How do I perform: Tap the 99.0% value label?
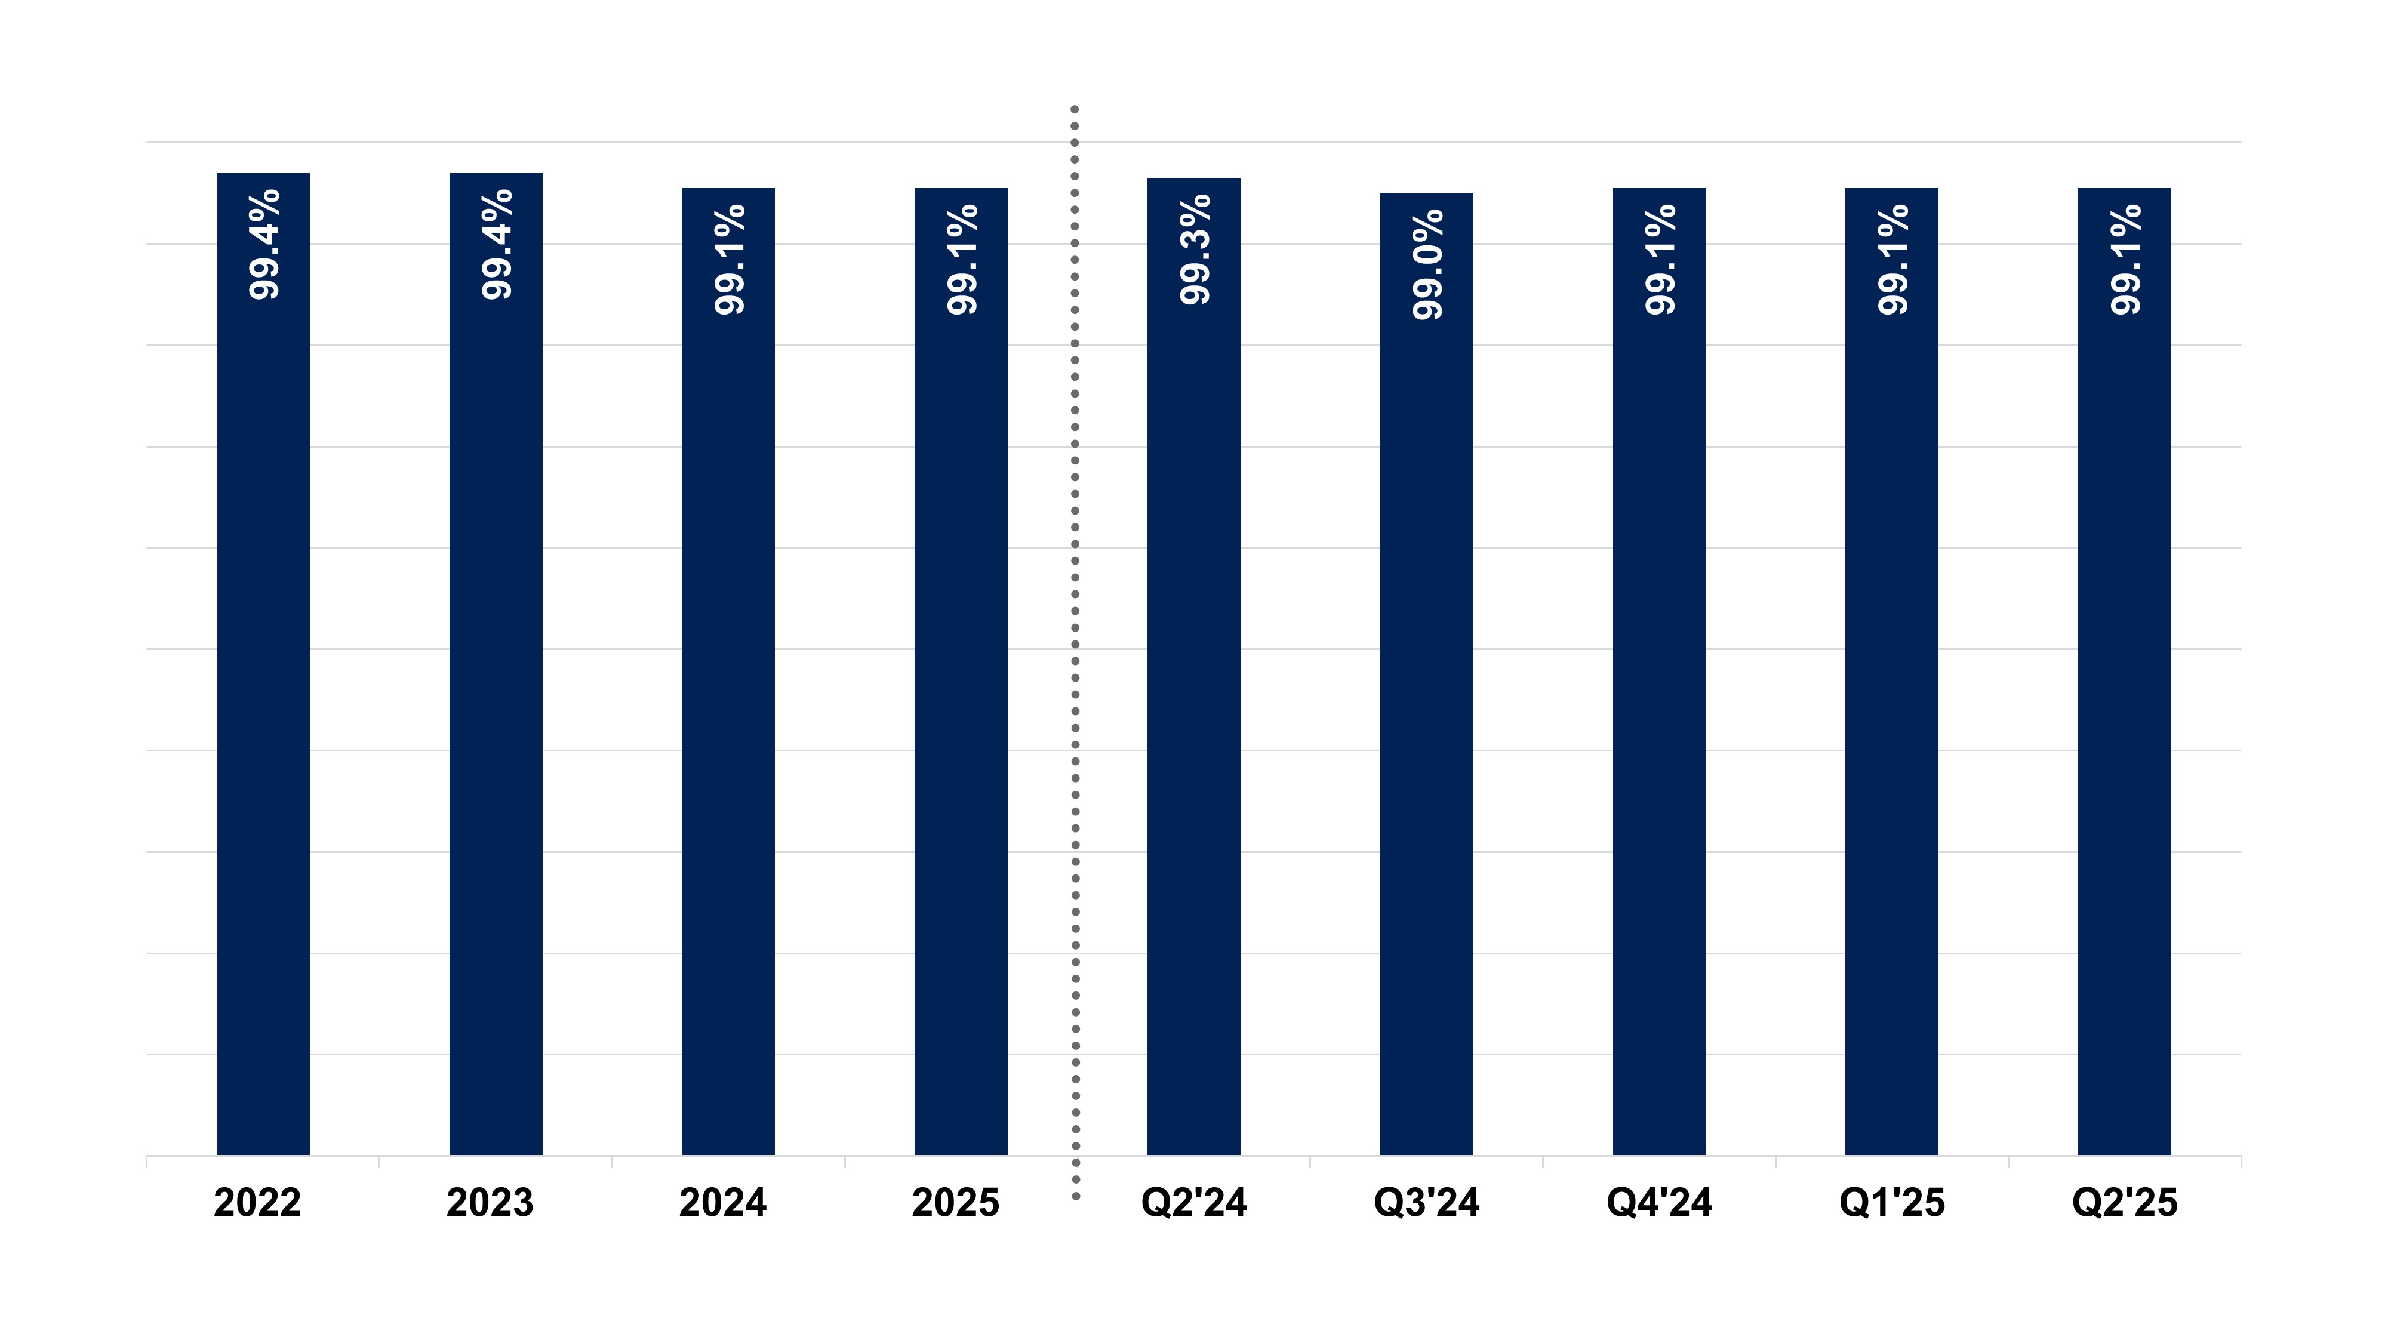pyautogui.click(x=1427, y=264)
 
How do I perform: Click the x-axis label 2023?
pyautogui.click(x=490, y=1203)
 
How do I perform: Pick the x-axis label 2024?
pyautogui.click(x=723, y=1203)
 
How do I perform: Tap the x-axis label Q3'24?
pyautogui.click(x=1427, y=1203)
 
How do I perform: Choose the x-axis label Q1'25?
pyautogui.click(x=1892, y=1203)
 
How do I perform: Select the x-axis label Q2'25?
pyautogui.click(x=2125, y=1203)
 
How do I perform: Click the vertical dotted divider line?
pyautogui.click(x=1075, y=649)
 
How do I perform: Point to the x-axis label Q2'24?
pyautogui.click(x=1194, y=1203)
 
